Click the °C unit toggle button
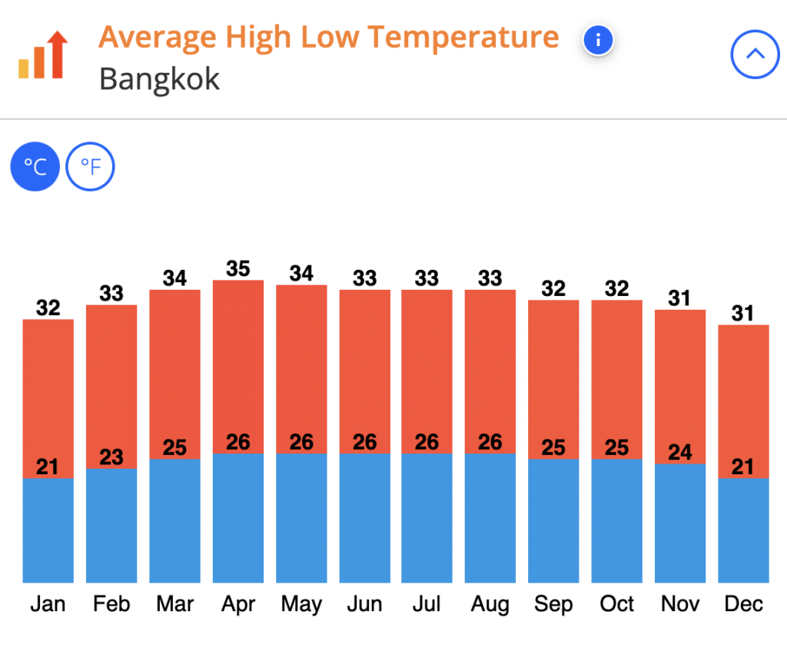pyautogui.click(x=35, y=166)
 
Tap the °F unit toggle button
pyautogui.click(x=90, y=166)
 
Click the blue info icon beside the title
pyautogui.click(x=598, y=40)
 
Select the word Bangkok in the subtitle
pyautogui.click(x=159, y=79)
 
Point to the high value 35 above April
pyautogui.click(x=238, y=269)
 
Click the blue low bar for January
pyautogui.click(x=48, y=530)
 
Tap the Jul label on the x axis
pyautogui.click(x=427, y=604)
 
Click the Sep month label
pyautogui.click(x=553, y=604)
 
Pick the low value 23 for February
pyautogui.click(x=111, y=457)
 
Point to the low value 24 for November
pyautogui.click(x=680, y=452)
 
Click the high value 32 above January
pyautogui.click(x=48, y=308)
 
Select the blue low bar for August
pyautogui.click(x=490, y=518)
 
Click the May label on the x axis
pyautogui.click(x=301, y=604)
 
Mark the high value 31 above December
pyautogui.click(x=743, y=314)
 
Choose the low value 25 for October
pyautogui.click(x=616, y=447)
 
